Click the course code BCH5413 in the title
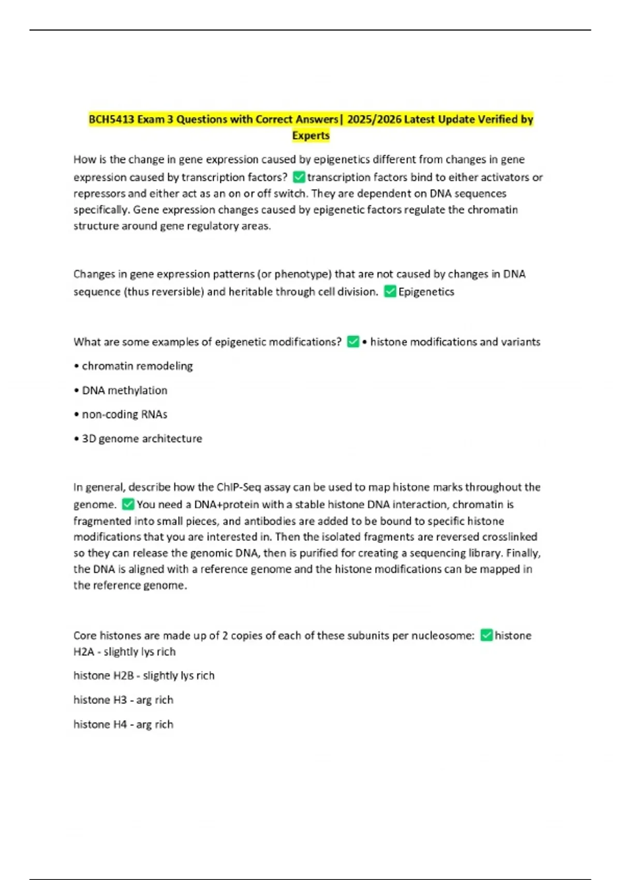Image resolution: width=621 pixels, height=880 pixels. coord(111,120)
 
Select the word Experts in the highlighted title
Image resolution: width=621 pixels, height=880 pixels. coord(310,136)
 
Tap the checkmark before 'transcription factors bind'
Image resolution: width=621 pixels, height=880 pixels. coord(299,177)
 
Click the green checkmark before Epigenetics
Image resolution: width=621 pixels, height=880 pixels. coord(390,291)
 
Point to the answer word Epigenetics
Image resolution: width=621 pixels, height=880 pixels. coord(426,292)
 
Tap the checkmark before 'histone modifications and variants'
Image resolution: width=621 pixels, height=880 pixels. coord(353,342)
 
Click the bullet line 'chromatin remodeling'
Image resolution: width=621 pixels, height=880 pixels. coord(134,366)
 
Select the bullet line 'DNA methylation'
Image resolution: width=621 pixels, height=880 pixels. coord(121,390)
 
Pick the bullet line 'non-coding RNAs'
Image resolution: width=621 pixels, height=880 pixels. coord(121,415)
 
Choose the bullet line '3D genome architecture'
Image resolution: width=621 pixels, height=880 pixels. coord(138,439)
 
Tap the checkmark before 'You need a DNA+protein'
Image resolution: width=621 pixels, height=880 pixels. coord(128,504)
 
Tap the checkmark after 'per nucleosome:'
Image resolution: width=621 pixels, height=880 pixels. coord(486,635)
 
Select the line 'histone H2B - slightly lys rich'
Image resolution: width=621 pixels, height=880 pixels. coord(144,676)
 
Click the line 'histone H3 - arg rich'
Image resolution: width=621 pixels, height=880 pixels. coord(123,700)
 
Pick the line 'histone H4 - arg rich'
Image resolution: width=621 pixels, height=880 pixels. coord(123,724)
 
